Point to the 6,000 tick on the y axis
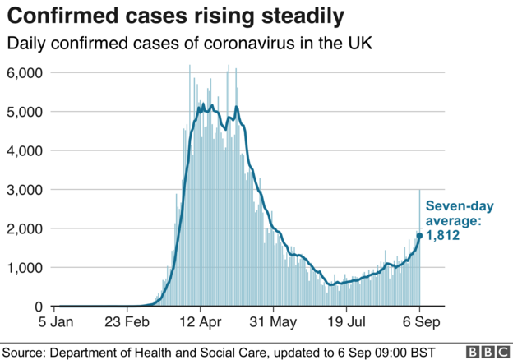point(25,73)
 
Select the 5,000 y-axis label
point(25,112)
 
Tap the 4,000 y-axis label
point(25,150)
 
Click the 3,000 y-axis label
point(25,190)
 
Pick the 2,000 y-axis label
point(25,228)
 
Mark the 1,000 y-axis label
point(25,268)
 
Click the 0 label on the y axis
point(39,307)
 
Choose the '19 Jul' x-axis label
point(347,323)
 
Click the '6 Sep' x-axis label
point(419,323)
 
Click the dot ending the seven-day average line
point(419,236)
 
